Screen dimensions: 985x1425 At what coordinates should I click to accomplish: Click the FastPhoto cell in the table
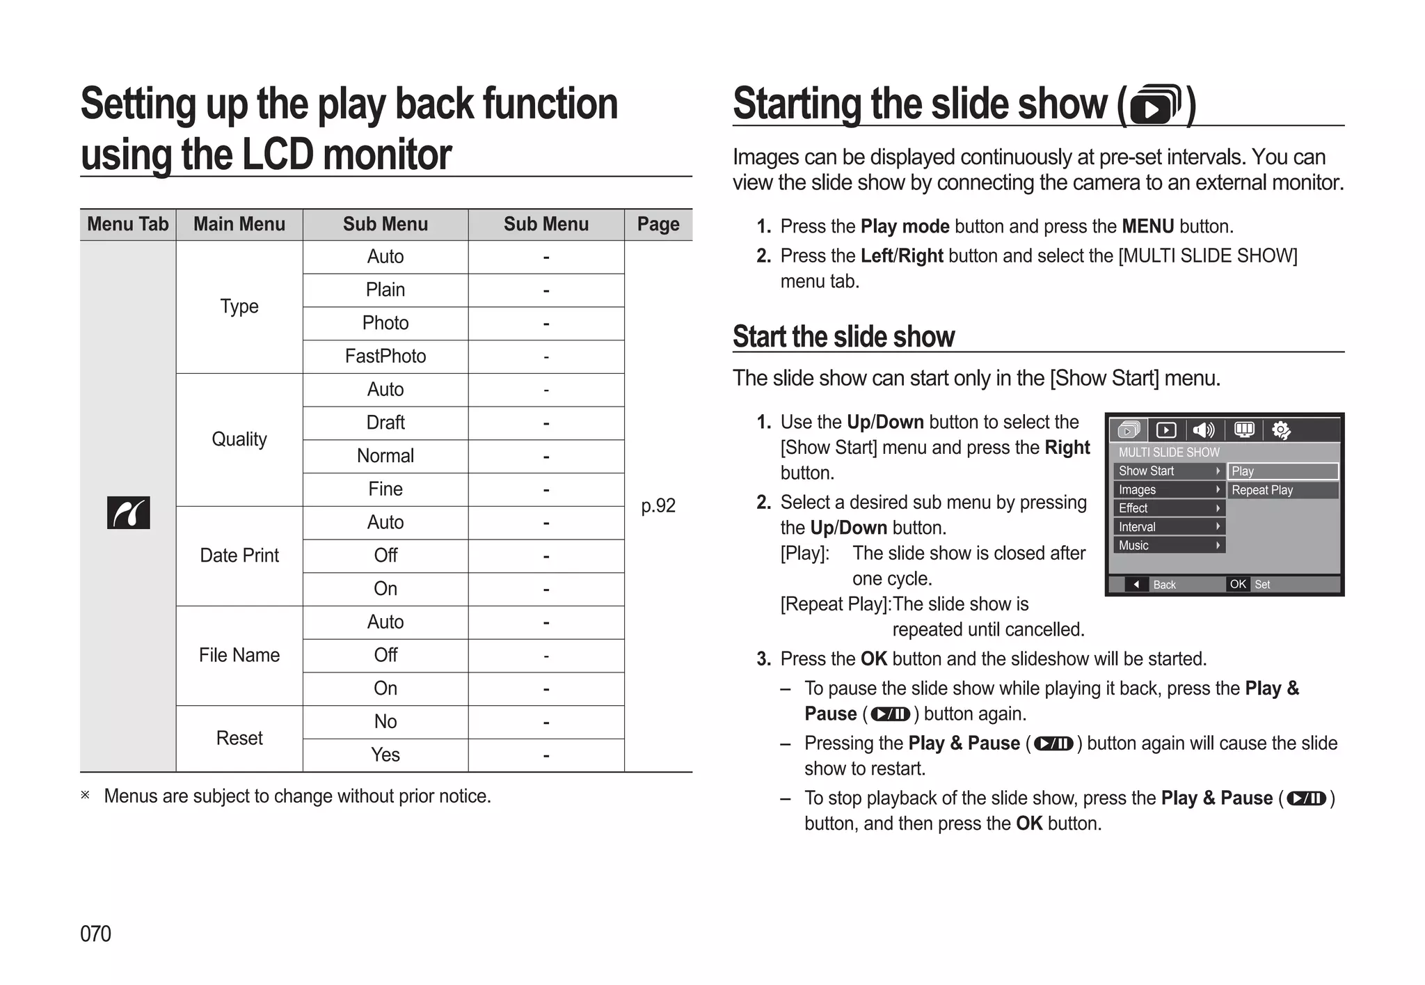pyautogui.click(x=385, y=356)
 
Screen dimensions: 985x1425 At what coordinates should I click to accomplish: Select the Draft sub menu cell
pyautogui.click(x=385, y=423)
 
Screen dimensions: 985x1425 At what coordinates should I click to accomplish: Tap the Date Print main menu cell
pyautogui.click(x=239, y=555)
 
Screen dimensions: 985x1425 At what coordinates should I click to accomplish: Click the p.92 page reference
pyautogui.click(x=658, y=505)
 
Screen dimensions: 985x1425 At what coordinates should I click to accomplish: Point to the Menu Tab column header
pyautogui.click(x=127, y=224)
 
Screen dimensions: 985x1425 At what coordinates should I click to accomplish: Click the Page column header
pyautogui.click(x=658, y=224)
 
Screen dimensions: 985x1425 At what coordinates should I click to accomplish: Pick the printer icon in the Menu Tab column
pyautogui.click(x=128, y=513)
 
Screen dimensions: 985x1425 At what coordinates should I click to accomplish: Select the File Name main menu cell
pyautogui.click(x=239, y=655)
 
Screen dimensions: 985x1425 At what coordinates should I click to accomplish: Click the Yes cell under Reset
pyautogui.click(x=385, y=755)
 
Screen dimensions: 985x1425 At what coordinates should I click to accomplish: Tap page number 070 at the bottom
pyautogui.click(x=95, y=933)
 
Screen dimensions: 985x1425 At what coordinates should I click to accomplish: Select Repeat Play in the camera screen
pyautogui.click(x=1262, y=490)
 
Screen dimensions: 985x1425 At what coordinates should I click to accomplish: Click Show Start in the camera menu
pyautogui.click(x=1146, y=471)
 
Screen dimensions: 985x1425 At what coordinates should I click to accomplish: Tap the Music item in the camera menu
pyautogui.click(x=1133, y=545)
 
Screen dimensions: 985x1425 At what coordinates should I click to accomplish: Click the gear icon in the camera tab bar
pyautogui.click(x=1281, y=430)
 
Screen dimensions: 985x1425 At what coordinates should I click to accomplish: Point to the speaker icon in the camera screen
pyautogui.click(x=1204, y=430)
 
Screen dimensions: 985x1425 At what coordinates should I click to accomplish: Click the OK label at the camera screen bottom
pyautogui.click(x=1238, y=584)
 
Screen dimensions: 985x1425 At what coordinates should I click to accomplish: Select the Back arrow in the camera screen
pyautogui.click(x=1136, y=584)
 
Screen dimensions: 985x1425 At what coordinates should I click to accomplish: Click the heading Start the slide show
pyautogui.click(x=843, y=337)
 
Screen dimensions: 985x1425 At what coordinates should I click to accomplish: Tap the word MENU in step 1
pyautogui.click(x=1147, y=226)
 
